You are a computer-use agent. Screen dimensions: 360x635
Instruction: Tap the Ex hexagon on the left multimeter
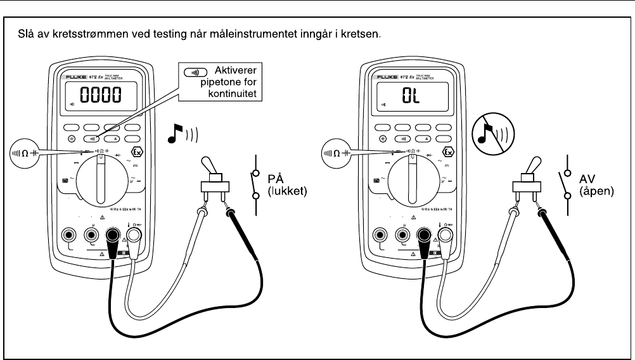pos(137,152)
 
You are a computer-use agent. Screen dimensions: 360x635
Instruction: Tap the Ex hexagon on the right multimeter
pos(448,152)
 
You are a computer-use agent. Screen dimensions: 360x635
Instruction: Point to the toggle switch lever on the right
pos(525,165)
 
